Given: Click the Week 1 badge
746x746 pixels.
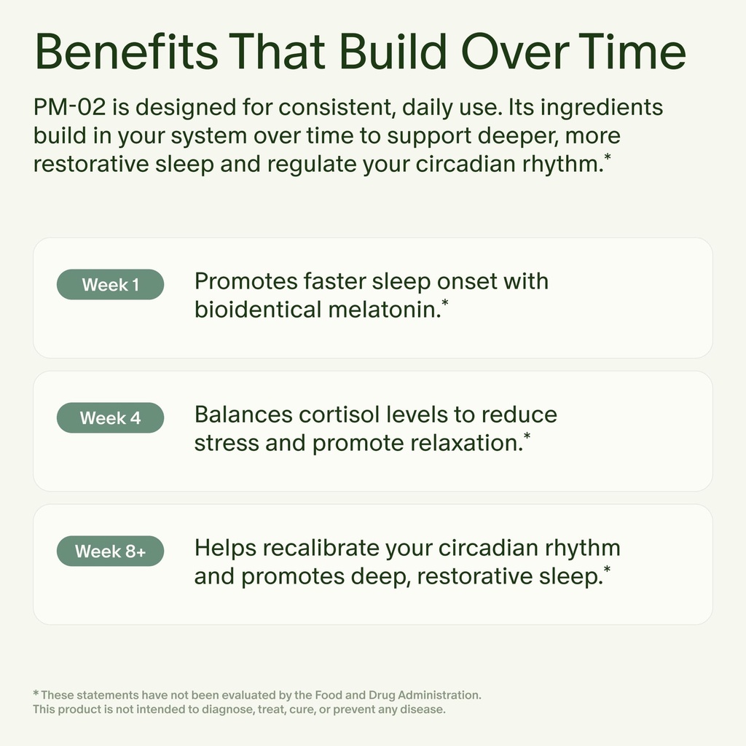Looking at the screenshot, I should point(110,285).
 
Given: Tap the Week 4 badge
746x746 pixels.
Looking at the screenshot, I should point(110,418).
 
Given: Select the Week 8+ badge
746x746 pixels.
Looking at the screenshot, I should point(110,551).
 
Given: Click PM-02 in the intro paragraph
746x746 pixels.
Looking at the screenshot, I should point(69,108).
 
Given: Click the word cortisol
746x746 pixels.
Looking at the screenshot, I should point(345,415).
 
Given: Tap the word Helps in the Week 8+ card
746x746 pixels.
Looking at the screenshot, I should point(224,548).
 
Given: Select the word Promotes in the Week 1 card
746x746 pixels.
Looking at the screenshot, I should point(245,281).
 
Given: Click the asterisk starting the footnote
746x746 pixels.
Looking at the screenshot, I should point(36,694).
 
